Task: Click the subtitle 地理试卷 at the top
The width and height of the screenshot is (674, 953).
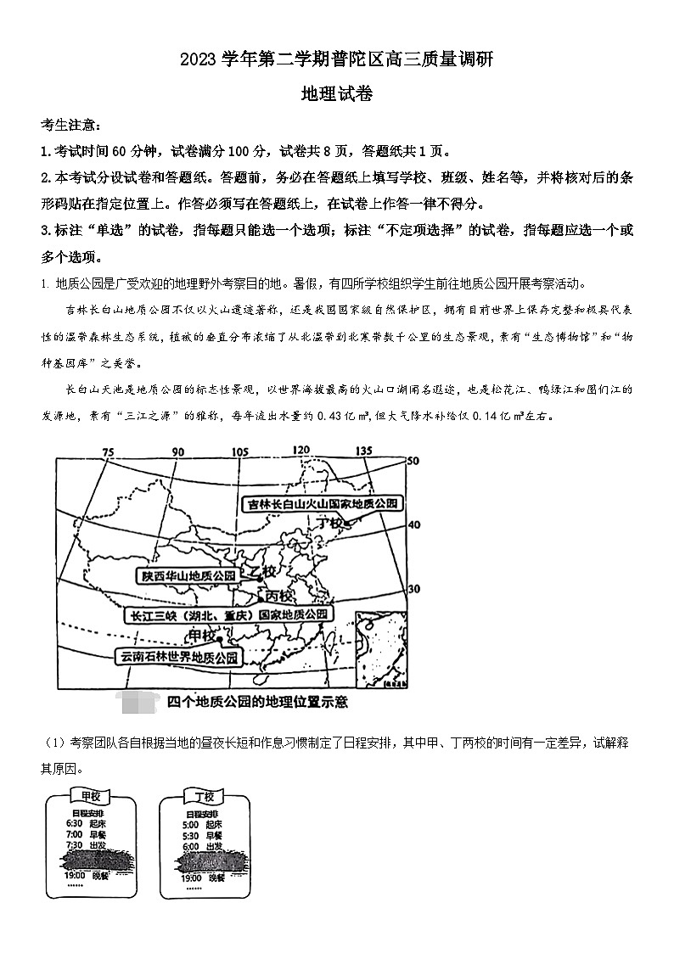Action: click(336, 94)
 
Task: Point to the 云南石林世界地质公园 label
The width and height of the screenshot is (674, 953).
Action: click(179, 656)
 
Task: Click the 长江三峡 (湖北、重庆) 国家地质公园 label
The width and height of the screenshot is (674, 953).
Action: click(227, 614)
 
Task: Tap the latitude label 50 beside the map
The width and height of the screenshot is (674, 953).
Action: click(413, 461)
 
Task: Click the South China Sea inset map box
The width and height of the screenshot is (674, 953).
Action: click(380, 648)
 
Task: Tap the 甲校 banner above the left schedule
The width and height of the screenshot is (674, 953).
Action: click(90, 796)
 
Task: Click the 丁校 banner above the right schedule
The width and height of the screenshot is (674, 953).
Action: click(204, 796)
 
